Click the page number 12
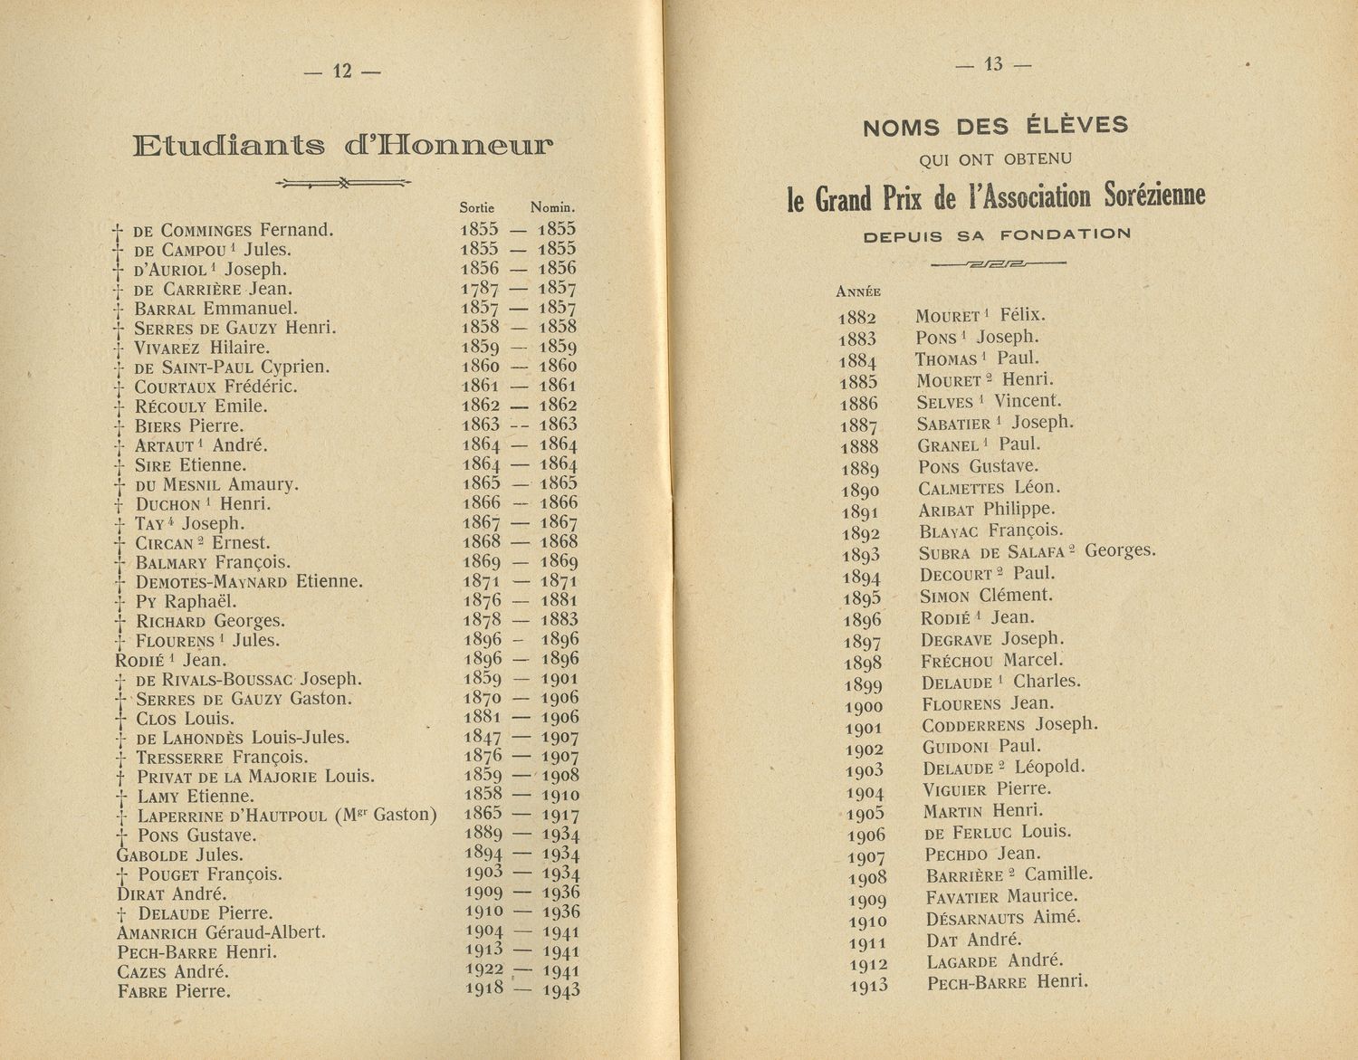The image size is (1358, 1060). pos(342,72)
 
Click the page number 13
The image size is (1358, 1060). pos(993,64)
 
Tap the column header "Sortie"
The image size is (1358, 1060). pos(477,207)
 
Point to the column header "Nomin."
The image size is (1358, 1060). pos(553,207)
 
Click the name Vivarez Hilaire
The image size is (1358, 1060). pos(202,348)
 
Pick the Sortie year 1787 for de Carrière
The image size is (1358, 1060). pos(480,289)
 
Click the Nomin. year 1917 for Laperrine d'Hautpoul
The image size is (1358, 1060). pos(559,815)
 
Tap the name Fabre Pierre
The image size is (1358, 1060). pos(174,991)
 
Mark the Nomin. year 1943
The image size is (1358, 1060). pos(560,989)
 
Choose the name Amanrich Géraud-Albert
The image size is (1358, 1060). pos(221,932)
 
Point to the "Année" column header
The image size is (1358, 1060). pos(857,292)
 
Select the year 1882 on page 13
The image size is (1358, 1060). pos(857,318)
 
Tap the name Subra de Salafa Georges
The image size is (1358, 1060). pos(1037,552)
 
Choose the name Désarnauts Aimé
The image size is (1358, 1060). pos(1003,919)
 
